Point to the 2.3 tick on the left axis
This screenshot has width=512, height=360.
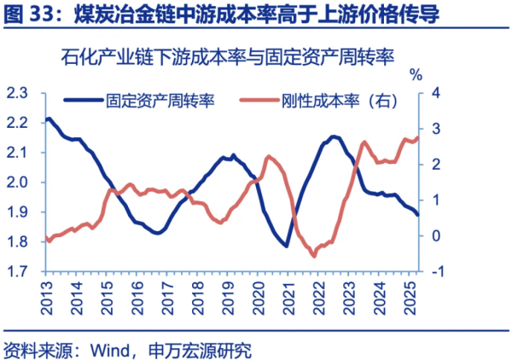click(x=18, y=92)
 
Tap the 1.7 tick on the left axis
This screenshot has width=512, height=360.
click(x=18, y=272)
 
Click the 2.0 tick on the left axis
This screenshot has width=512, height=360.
click(x=18, y=182)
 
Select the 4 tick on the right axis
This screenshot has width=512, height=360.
click(x=435, y=92)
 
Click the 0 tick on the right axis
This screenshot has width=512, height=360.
click(x=435, y=235)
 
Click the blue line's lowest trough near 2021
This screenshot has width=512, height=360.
click(x=286, y=247)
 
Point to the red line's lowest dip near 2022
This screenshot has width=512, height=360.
click(x=314, y=254)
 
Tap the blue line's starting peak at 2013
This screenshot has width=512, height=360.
click(x=49, y=119)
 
